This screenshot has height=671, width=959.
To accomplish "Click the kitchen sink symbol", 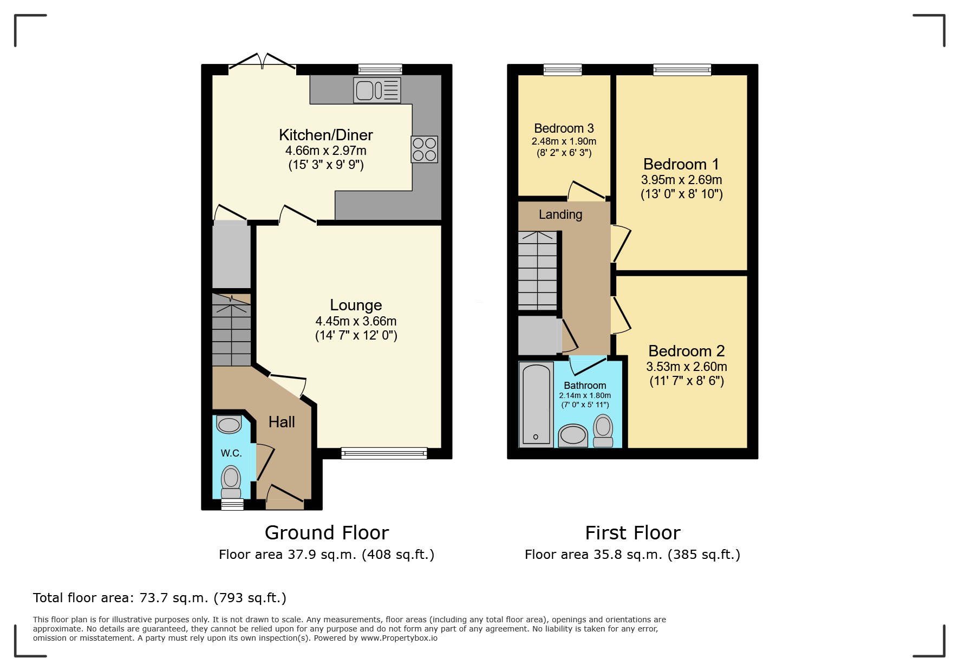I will click(377, 90).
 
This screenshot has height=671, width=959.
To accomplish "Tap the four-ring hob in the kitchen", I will click(424, 149).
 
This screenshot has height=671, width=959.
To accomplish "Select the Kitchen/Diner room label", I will click(325, 135).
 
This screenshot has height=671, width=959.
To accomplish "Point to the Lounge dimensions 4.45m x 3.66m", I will click(356, 321).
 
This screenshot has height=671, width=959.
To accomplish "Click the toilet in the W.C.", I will click(231, 481).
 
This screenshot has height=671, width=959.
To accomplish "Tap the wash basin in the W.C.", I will click(229, 425).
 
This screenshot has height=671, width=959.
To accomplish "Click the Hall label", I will click(282, 422).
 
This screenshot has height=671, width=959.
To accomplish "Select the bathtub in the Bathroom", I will click(536, 404).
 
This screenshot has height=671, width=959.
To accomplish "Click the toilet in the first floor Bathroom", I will click(603, 431).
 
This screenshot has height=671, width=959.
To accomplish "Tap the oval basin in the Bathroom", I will click(572, 435).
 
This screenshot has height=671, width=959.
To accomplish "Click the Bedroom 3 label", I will click(564, 128).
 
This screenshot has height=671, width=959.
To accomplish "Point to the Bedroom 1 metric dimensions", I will click(681, 180).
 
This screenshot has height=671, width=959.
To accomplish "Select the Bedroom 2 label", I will click(686, 351).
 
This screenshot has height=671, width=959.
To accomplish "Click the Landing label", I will click(560, 214).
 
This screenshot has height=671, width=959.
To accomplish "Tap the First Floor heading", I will click(632, 533).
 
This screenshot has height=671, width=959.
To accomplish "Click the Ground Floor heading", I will click(327, 533).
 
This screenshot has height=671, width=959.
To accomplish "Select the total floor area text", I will click(160, 598).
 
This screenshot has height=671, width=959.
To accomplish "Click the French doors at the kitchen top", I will click(262, 62).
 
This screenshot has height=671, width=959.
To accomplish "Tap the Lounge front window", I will click(384, 453).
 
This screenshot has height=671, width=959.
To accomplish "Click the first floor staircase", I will click(537, 270).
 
